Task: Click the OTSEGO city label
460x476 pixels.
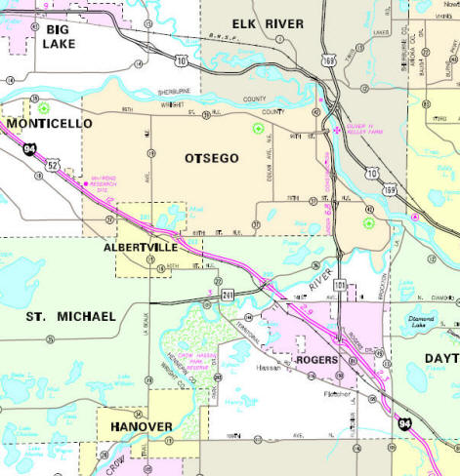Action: [210, 157]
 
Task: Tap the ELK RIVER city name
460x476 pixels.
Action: [268, 22]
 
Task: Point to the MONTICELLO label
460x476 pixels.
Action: [48, 124]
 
